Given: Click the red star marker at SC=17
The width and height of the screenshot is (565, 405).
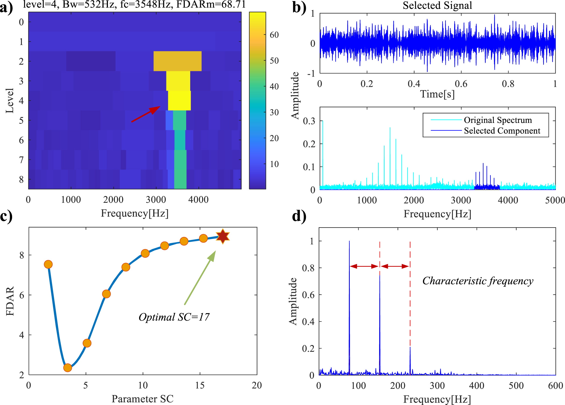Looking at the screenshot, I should pos(223,237).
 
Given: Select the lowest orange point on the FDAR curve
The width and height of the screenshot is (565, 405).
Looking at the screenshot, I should pos(68,368).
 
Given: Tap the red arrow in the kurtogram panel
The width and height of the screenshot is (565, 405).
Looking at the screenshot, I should pos(146,114).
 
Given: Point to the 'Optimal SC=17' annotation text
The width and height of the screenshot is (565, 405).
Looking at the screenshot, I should pos(174,317).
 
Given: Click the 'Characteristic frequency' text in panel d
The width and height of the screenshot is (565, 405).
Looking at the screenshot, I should pos(478,281).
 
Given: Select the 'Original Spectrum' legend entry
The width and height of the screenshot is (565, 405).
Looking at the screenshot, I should pos(498,120).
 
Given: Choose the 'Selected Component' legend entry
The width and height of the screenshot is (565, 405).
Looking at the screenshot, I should pos(502,131).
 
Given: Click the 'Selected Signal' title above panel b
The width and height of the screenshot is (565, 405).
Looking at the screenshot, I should pos(437,5).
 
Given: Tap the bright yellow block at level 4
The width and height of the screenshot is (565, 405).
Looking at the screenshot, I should pos(179,101).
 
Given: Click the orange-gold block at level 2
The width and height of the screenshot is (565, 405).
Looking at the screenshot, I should pos(178,61).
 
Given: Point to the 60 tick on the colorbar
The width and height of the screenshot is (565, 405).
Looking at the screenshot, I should pos(274,35).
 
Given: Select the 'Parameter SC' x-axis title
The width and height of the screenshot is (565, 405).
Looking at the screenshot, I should pos(142,399).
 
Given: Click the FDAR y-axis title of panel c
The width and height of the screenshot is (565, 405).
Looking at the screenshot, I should pos(10,301).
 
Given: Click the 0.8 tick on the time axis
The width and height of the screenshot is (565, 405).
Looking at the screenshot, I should pos(508,84).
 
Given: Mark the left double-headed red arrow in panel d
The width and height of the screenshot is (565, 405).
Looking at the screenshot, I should pos(364,266).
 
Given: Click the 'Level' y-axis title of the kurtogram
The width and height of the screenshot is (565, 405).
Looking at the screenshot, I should pos(10,100).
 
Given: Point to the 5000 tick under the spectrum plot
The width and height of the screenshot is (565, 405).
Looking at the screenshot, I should pos(555,200).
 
